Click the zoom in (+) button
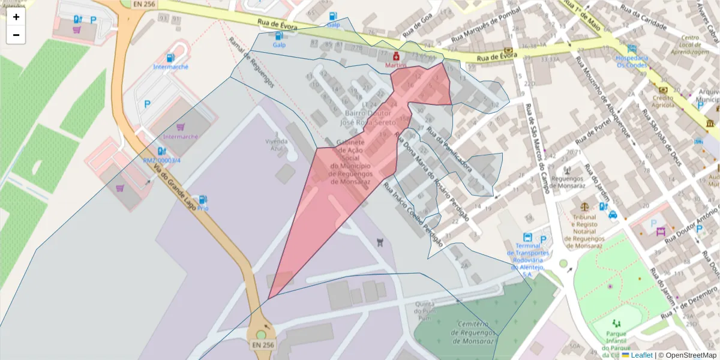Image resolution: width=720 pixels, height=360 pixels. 16,17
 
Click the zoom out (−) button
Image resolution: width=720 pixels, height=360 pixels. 16,35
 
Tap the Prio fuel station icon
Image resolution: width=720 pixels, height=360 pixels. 203,199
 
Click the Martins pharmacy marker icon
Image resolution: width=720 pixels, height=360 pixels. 396,56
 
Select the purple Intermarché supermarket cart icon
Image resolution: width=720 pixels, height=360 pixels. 181,127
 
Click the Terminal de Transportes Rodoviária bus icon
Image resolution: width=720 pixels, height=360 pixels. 527,237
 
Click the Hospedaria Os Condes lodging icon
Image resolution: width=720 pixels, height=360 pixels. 632,49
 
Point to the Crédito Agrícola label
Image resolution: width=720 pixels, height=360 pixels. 663,101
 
